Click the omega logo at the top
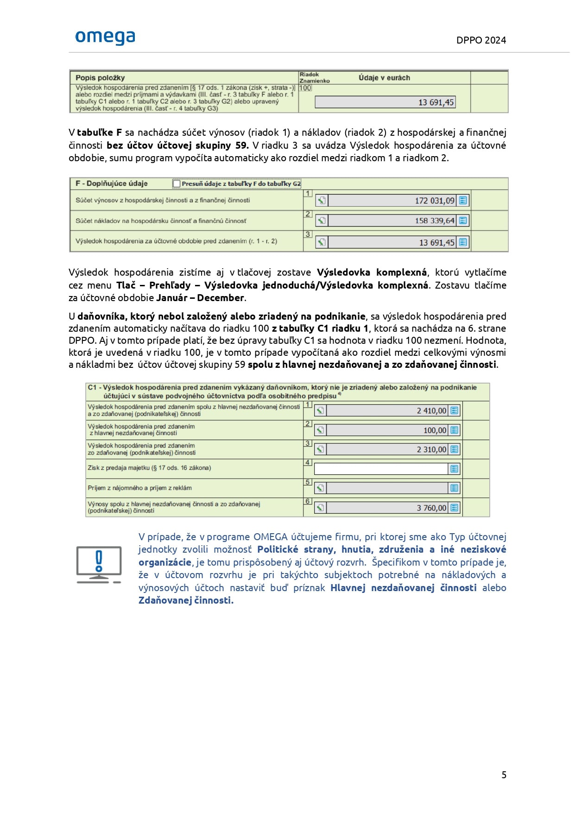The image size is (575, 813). [105, 38]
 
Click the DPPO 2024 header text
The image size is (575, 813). [481, 40]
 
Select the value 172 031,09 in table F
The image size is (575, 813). [434, 201]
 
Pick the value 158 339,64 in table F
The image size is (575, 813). [434, 221]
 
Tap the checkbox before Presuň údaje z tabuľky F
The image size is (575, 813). [177, 184]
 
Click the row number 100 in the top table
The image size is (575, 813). [305, 88]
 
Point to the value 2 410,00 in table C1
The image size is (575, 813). [431, 410]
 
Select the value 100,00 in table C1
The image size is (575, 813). [435, 430]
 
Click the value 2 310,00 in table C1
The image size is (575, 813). [431, 449]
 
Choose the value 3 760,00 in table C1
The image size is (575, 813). [431, 508]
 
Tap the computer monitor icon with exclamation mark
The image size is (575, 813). [99, 565]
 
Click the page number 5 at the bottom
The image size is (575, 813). [504, 775]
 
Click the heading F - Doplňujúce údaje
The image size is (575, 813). [112, 183]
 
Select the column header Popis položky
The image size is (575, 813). [100, 78]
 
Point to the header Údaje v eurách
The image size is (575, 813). [384, 78]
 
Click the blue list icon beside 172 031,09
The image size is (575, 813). [462, 201]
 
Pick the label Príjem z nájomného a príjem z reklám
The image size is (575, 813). [139, 488]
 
